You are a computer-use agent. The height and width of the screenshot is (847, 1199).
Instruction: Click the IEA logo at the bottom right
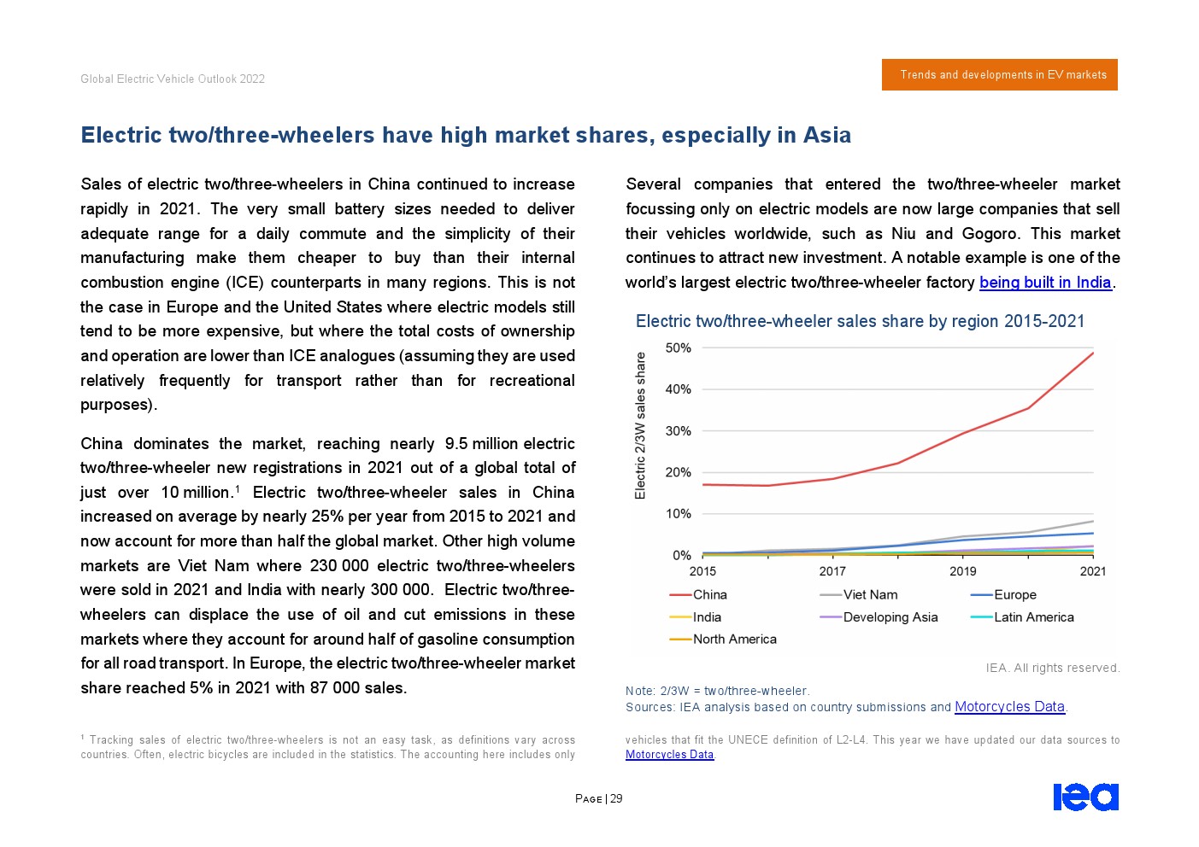[x=1085, y=797]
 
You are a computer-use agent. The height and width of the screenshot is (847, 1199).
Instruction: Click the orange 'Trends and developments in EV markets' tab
[x=999, y=75]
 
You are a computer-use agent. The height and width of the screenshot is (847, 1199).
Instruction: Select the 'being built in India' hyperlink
[x=1044, y=283]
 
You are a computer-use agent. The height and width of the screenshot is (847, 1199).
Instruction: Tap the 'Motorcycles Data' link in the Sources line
[x=1009, y=707]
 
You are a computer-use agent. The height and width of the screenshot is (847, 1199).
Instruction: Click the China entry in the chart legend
[x=708, y=595]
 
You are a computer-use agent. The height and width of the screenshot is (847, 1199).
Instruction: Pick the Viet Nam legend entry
[x=869, y=595]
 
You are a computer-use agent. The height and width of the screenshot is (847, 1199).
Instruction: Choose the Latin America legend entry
[x=1032, y=617]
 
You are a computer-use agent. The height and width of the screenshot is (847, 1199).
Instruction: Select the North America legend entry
[x=733, y=640]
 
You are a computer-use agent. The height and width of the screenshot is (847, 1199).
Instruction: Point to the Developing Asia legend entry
[x=889, y=617]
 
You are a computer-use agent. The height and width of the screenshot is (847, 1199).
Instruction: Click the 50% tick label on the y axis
[x=678, y=348]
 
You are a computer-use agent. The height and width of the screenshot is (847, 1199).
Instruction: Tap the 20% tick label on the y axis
[x=678, y=473]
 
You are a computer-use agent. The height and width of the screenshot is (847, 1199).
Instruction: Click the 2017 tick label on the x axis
[x=832, y=571]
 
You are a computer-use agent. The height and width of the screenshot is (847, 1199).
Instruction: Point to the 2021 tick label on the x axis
[x=1092, y=571]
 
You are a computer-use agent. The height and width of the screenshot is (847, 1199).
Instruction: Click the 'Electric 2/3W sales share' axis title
[x=641, y=425]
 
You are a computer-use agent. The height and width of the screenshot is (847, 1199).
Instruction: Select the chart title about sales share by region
[x=860, y=321]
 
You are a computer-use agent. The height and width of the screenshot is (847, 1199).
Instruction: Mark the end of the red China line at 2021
[x=1093, y=353]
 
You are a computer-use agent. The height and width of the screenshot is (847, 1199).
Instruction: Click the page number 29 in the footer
[x=616, y=799]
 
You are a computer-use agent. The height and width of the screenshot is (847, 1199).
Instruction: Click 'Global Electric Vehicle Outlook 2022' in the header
[x=173, y=79]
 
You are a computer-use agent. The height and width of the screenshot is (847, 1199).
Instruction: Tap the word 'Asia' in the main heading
[x=826, y=135]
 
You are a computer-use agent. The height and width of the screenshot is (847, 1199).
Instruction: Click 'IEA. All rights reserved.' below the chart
[x=1052, y=668]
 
